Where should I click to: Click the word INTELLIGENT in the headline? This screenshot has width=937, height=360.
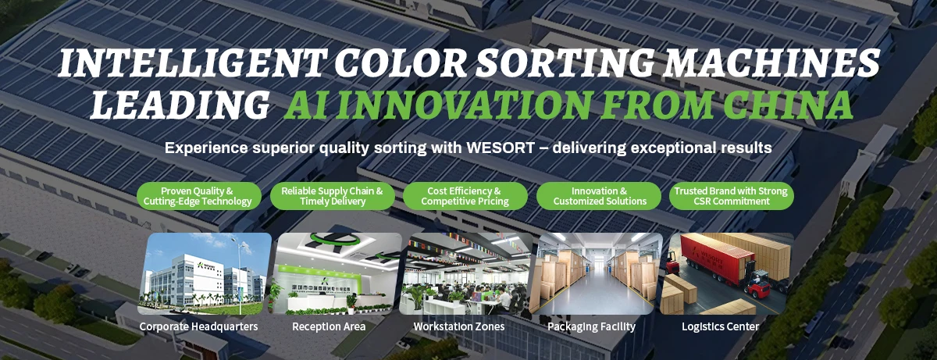[191, 63]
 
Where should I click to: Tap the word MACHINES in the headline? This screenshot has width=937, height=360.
[771, 63]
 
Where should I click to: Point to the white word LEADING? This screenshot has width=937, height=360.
[180, 105]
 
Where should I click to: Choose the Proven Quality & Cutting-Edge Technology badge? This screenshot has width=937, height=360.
[199, 196]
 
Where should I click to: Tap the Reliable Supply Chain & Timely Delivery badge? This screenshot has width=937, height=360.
[332, 196]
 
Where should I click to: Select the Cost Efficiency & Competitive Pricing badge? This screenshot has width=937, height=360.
[465, 196]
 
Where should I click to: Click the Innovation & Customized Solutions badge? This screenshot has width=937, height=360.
[599, 196]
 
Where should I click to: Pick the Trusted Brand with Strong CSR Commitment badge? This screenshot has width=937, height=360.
[731, 196]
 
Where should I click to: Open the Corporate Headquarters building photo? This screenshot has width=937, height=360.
[205, 273]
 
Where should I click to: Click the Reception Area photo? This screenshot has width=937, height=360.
[335, 273]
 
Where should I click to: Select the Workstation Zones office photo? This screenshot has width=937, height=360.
[465, 273]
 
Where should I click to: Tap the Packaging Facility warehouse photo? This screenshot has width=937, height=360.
[596, 273]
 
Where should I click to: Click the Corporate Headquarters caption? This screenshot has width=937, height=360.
[198, 326]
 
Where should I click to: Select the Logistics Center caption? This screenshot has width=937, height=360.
[720, 326]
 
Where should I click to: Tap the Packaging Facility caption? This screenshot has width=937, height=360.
[592, 326]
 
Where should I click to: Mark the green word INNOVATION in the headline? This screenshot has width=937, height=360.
[465, 105]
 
